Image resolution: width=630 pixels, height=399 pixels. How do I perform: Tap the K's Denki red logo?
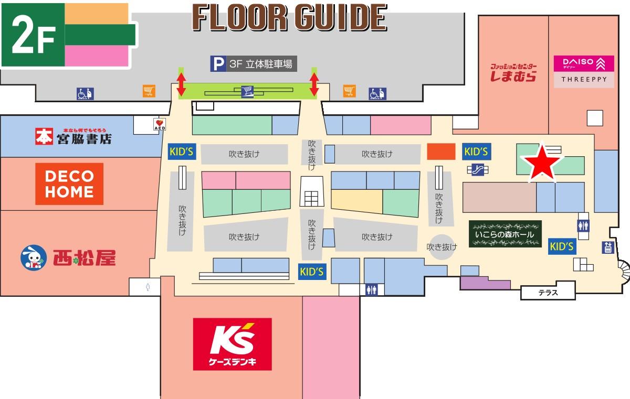233,343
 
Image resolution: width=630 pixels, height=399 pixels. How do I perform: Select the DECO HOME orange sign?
69,184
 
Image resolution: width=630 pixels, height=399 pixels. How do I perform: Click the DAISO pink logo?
584,64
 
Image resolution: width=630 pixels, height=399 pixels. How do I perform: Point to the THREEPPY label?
584,80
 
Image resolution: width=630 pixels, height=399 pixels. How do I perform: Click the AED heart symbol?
159,124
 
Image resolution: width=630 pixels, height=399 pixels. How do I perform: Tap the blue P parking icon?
217,64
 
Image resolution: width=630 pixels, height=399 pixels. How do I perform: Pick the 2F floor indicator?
33,35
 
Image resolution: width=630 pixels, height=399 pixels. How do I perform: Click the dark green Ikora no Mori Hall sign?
505,234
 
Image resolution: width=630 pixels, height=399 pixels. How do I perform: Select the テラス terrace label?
548,293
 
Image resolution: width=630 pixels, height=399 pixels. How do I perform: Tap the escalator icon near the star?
477,169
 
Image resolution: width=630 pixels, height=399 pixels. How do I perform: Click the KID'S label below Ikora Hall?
561,246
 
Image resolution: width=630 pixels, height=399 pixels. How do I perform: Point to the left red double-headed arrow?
181,84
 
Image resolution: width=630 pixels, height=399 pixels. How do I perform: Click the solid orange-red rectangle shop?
440,151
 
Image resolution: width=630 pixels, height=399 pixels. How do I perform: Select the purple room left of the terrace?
485,283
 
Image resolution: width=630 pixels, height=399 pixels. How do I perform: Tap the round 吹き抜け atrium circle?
442,246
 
